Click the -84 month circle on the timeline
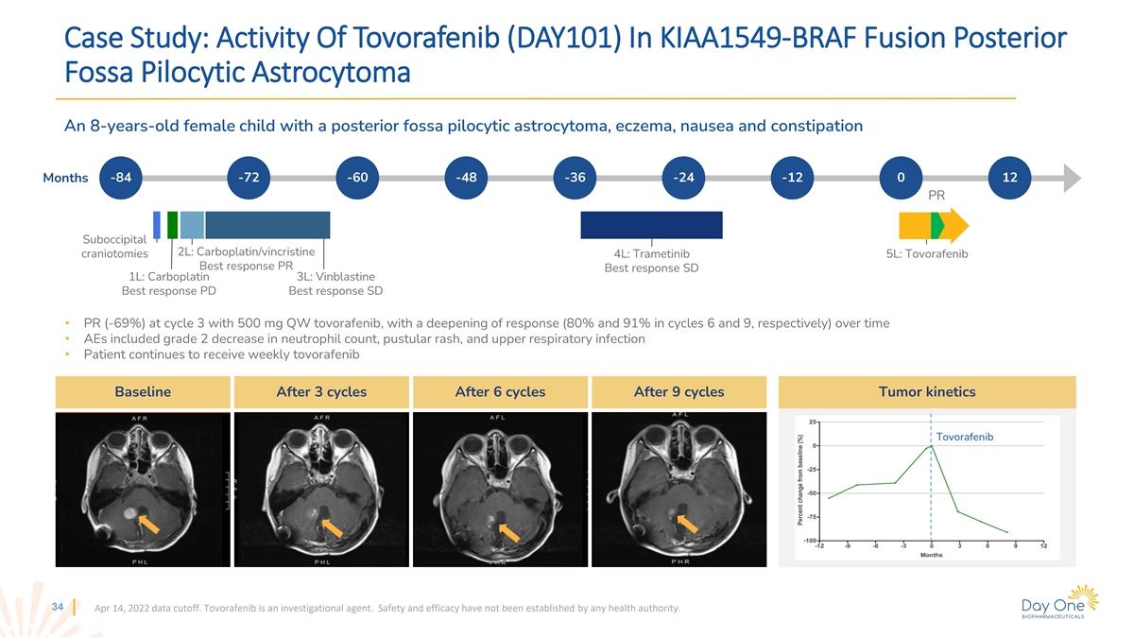pos(121,178)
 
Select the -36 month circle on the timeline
pos(575,178)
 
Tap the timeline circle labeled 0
pos(901,178)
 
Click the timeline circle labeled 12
pos(1009,178)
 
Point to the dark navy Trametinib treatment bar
pos(651,225)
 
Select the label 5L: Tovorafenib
pos(927,253)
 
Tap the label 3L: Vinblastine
pos(335,277)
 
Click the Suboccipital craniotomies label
pos(115,246)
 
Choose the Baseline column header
pos(143,391)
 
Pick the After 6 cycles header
pos(500,391)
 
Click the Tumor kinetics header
pos(926,391)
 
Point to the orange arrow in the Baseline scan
pos(147,523)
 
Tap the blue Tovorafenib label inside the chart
pos(965,436)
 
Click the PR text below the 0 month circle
pos(936,197)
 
